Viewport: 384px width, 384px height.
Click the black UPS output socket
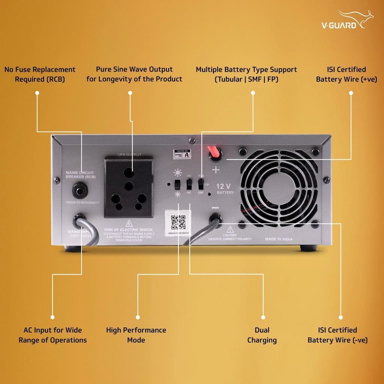coord(129,187)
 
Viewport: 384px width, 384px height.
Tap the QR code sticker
coord(178,223)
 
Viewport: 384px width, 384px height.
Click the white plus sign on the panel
coord(216,170)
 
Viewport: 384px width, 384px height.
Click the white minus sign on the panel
coord(215,207)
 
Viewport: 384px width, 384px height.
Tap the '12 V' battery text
coord(224,186)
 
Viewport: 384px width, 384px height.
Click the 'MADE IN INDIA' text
coord(279,239)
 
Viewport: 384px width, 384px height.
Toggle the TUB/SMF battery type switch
coord(201,184)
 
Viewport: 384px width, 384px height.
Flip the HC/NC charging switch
coord(189,184)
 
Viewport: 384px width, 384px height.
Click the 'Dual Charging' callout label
coord(262,335)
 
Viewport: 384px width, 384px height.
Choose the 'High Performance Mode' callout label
coord(136,335)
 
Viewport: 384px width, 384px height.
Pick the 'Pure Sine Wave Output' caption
coord(134,74)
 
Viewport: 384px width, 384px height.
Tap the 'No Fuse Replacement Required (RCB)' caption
coord(39,74)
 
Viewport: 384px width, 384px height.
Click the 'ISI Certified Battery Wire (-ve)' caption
coord(337,335)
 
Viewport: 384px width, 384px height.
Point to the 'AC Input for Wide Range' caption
coord(52,335)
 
